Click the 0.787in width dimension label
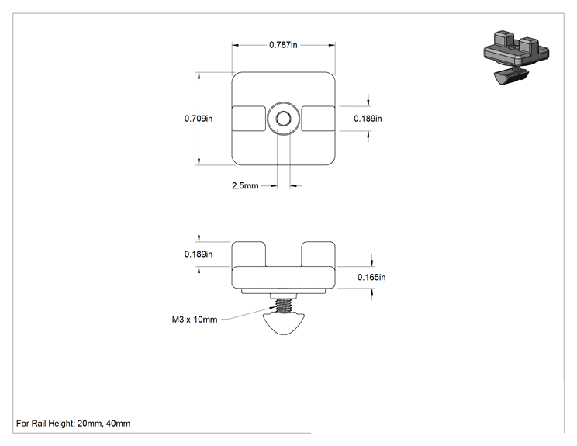click(283, 45)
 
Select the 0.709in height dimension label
click(199, 119)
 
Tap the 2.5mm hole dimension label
click(245, 186)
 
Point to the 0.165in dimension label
click(371, 277)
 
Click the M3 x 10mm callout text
click(195, 320)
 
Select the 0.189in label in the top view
click(368, 119)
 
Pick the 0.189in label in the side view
click(199, 254)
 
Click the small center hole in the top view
click(283, 119)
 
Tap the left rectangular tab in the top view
click(249, 119)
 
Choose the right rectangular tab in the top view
click(318, 119)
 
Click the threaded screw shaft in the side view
click(283, 306)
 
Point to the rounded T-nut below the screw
click(283, 324)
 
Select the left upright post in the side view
click(249, 254)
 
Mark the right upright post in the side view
click(318, 254)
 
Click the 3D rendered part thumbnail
click(516, 57)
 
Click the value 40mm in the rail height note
click(118, 424)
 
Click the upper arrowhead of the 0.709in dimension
click(199, 75)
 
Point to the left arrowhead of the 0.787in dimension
click(236, 45)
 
